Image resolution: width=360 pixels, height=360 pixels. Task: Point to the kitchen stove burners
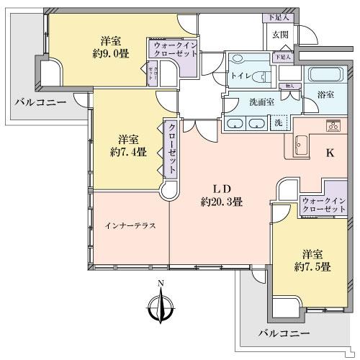pos(332,125)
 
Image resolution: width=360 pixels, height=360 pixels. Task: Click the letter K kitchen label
pos(330,153)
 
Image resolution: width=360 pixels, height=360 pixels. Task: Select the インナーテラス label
pos(130,225)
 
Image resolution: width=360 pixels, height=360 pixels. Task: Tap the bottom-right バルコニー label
pos(284,333)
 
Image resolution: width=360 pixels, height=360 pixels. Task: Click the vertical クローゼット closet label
pos(172,148)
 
